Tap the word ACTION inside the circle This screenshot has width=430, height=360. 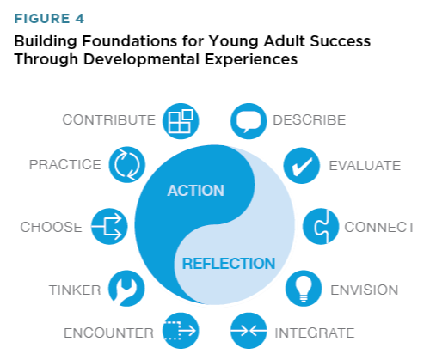pyautogui.click(x=195, y=190)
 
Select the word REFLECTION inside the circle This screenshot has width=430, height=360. pyautogui.click(x=228, y=264)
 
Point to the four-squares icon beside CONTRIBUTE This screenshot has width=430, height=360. pyautogui.click(x=181, y=121)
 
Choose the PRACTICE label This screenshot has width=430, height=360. pyautogui.click(x=65, y=164)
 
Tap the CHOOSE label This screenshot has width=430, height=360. pyautogui.click(x=52, y=228)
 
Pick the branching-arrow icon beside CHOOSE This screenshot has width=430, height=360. pyautogui.click(x=109, y=228)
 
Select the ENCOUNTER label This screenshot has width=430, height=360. pyautogui.click(x=108, y=332)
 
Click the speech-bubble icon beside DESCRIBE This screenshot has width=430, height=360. pyautogui.click(x=249, y=121)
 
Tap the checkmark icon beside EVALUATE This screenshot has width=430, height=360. pyautogui.click(x=302, y=166)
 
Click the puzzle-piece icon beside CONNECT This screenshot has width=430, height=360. pyautogui.click(x=321, y=228)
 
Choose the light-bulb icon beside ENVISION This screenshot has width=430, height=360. pyautogui.click(x=302, y=289)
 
